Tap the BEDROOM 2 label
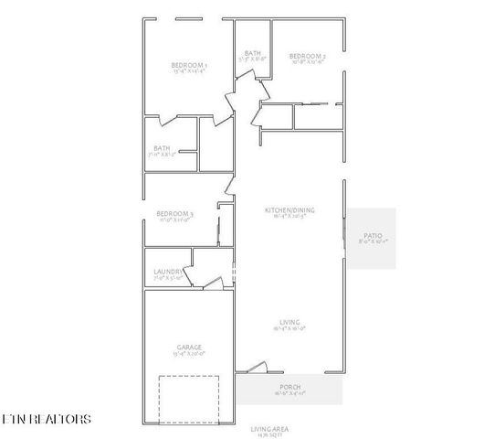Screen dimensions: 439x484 pos(307,55)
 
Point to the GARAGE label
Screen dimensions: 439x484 pos(189,347)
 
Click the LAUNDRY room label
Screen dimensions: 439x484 pos(168,272)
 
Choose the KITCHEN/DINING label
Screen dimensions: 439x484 pos(289,210)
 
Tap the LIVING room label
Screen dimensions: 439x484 pos(290,322)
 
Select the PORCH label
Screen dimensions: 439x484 pos(289,388)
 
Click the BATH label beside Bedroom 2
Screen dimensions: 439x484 pos(252,54)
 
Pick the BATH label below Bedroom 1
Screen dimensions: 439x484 pos(162,148)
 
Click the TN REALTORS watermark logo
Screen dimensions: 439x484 pos(46,420)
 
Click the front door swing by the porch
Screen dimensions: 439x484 pos(257,368)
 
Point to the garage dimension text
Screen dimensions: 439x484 pos(189,354)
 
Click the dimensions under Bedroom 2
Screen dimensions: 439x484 pos(307,62)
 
